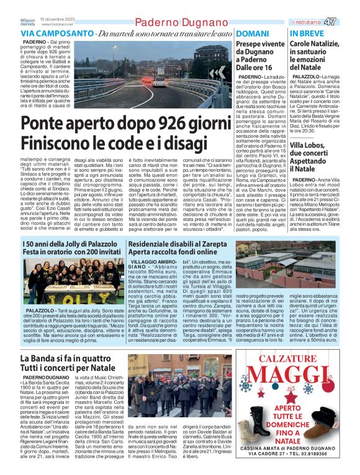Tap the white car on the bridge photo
(x=147, y=80)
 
